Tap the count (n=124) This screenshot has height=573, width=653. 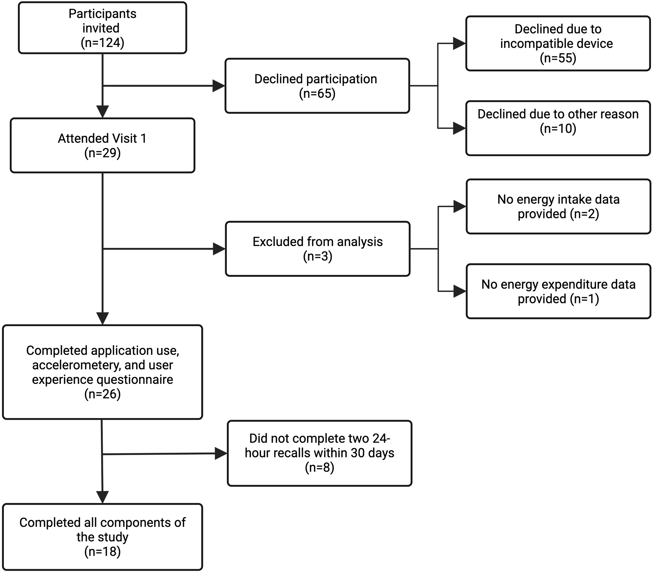click(x=102, y=43)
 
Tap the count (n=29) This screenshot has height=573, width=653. click(x=102, y=153)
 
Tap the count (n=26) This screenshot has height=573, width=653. click(x=102, y=394)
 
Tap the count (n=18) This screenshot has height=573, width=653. click(x=102, y=552)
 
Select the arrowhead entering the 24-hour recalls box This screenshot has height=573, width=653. click(x=221, y=453)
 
